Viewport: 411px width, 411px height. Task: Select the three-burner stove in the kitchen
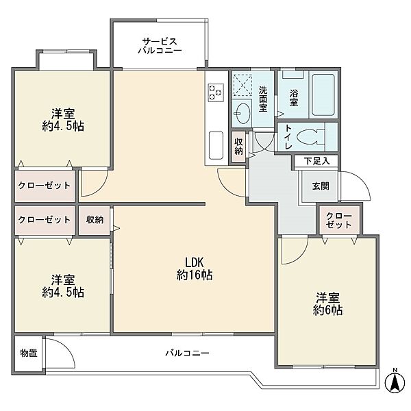tap(216, 92)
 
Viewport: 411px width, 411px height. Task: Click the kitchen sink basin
tap(216, 145)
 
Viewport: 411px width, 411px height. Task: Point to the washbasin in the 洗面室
tap(242, 113)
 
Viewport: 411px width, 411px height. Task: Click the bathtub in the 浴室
tap(323, 95)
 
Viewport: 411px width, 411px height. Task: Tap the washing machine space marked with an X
tap(242, 85)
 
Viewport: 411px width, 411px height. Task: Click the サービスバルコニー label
tap(160, 46)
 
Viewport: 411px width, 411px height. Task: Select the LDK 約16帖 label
tap(195, 268)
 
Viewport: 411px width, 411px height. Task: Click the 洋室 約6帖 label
tap(327, 304)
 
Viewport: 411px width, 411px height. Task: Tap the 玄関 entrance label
tap(321, 186)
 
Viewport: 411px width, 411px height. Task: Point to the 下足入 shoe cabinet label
tap(316, 161)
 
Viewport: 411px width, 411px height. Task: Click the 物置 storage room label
tap(29, 353)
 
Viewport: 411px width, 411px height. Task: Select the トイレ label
tap(288, 137)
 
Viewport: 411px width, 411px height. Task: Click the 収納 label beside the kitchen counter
tap(238, 147)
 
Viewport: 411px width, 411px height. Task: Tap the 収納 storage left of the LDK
tap(95, 220)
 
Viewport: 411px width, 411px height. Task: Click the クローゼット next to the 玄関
tap(338, 220)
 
